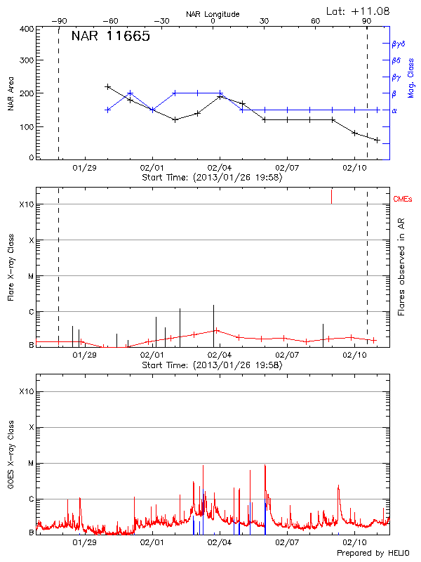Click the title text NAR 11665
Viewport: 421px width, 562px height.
pos(110,37)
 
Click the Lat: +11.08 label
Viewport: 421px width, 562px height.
pos(359,10)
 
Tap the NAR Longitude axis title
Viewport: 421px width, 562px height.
pos(213,14)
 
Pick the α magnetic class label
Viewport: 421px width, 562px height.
pos(394,110)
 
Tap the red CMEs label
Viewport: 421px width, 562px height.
pos(402,200)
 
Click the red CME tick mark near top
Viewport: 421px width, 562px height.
pos(331,196)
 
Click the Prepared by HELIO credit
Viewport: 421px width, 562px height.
pos(373,554)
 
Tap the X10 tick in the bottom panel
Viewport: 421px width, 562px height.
pos(27,391)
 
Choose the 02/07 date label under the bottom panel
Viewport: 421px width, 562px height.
pos(287,542)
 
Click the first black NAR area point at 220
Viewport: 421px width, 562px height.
pos(107,86)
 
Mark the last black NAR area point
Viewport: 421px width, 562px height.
pos(377,140)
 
